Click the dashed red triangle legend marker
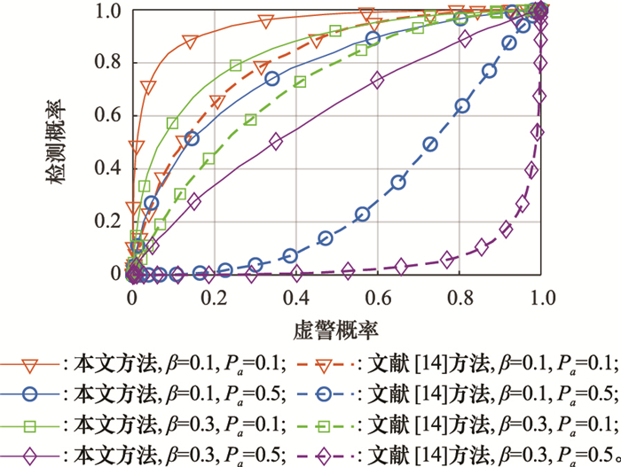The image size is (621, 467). point(334,362)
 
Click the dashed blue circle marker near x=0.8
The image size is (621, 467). point(462,106)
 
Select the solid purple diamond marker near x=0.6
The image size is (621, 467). point(378,80)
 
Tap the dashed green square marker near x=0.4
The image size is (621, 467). point(300,82)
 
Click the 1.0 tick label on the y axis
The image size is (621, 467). point(107,12)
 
